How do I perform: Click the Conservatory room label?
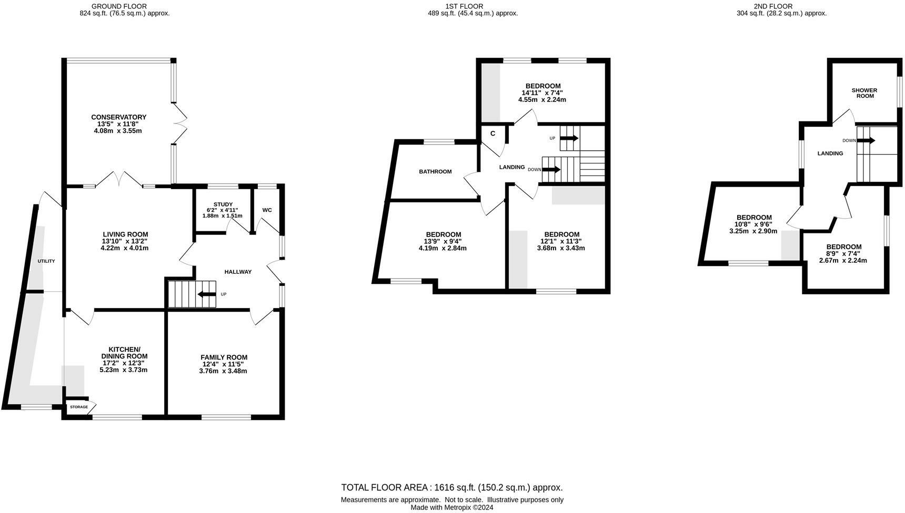click(118, 117)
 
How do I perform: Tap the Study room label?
click(223, 204)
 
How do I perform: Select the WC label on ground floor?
click(267, 210)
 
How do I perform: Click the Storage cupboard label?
click(79, 407)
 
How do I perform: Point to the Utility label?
click(46, 261)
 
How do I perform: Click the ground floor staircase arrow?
click(206, 294)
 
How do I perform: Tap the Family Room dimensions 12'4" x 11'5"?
click(223, 364)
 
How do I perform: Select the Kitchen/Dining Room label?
click(124, 353)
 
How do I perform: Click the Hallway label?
click(238, 272)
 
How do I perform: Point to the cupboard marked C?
click(493, 134)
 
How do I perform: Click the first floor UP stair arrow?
click(569, 138)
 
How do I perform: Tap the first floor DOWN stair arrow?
click(551, 170)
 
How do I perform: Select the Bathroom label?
click(435, 171)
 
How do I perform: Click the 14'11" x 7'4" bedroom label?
click(543, 86)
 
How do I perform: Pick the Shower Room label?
click(865, 93)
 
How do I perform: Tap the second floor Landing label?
click(830, 153)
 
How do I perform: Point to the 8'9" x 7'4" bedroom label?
click(844, 247)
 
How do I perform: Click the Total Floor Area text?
click(451, 487)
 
